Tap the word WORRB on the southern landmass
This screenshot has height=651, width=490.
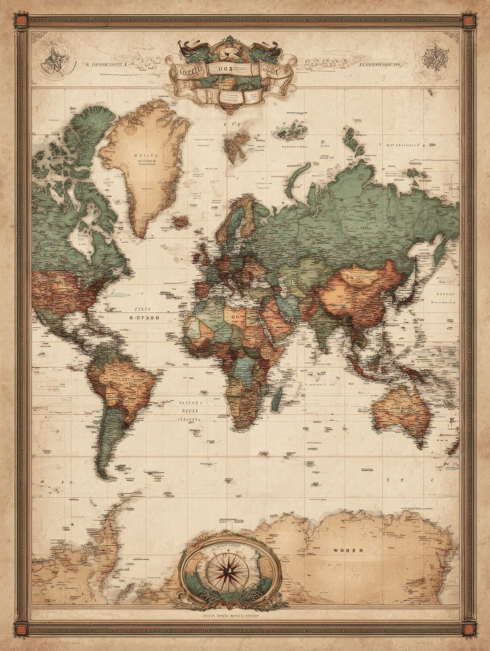[348, 551]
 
